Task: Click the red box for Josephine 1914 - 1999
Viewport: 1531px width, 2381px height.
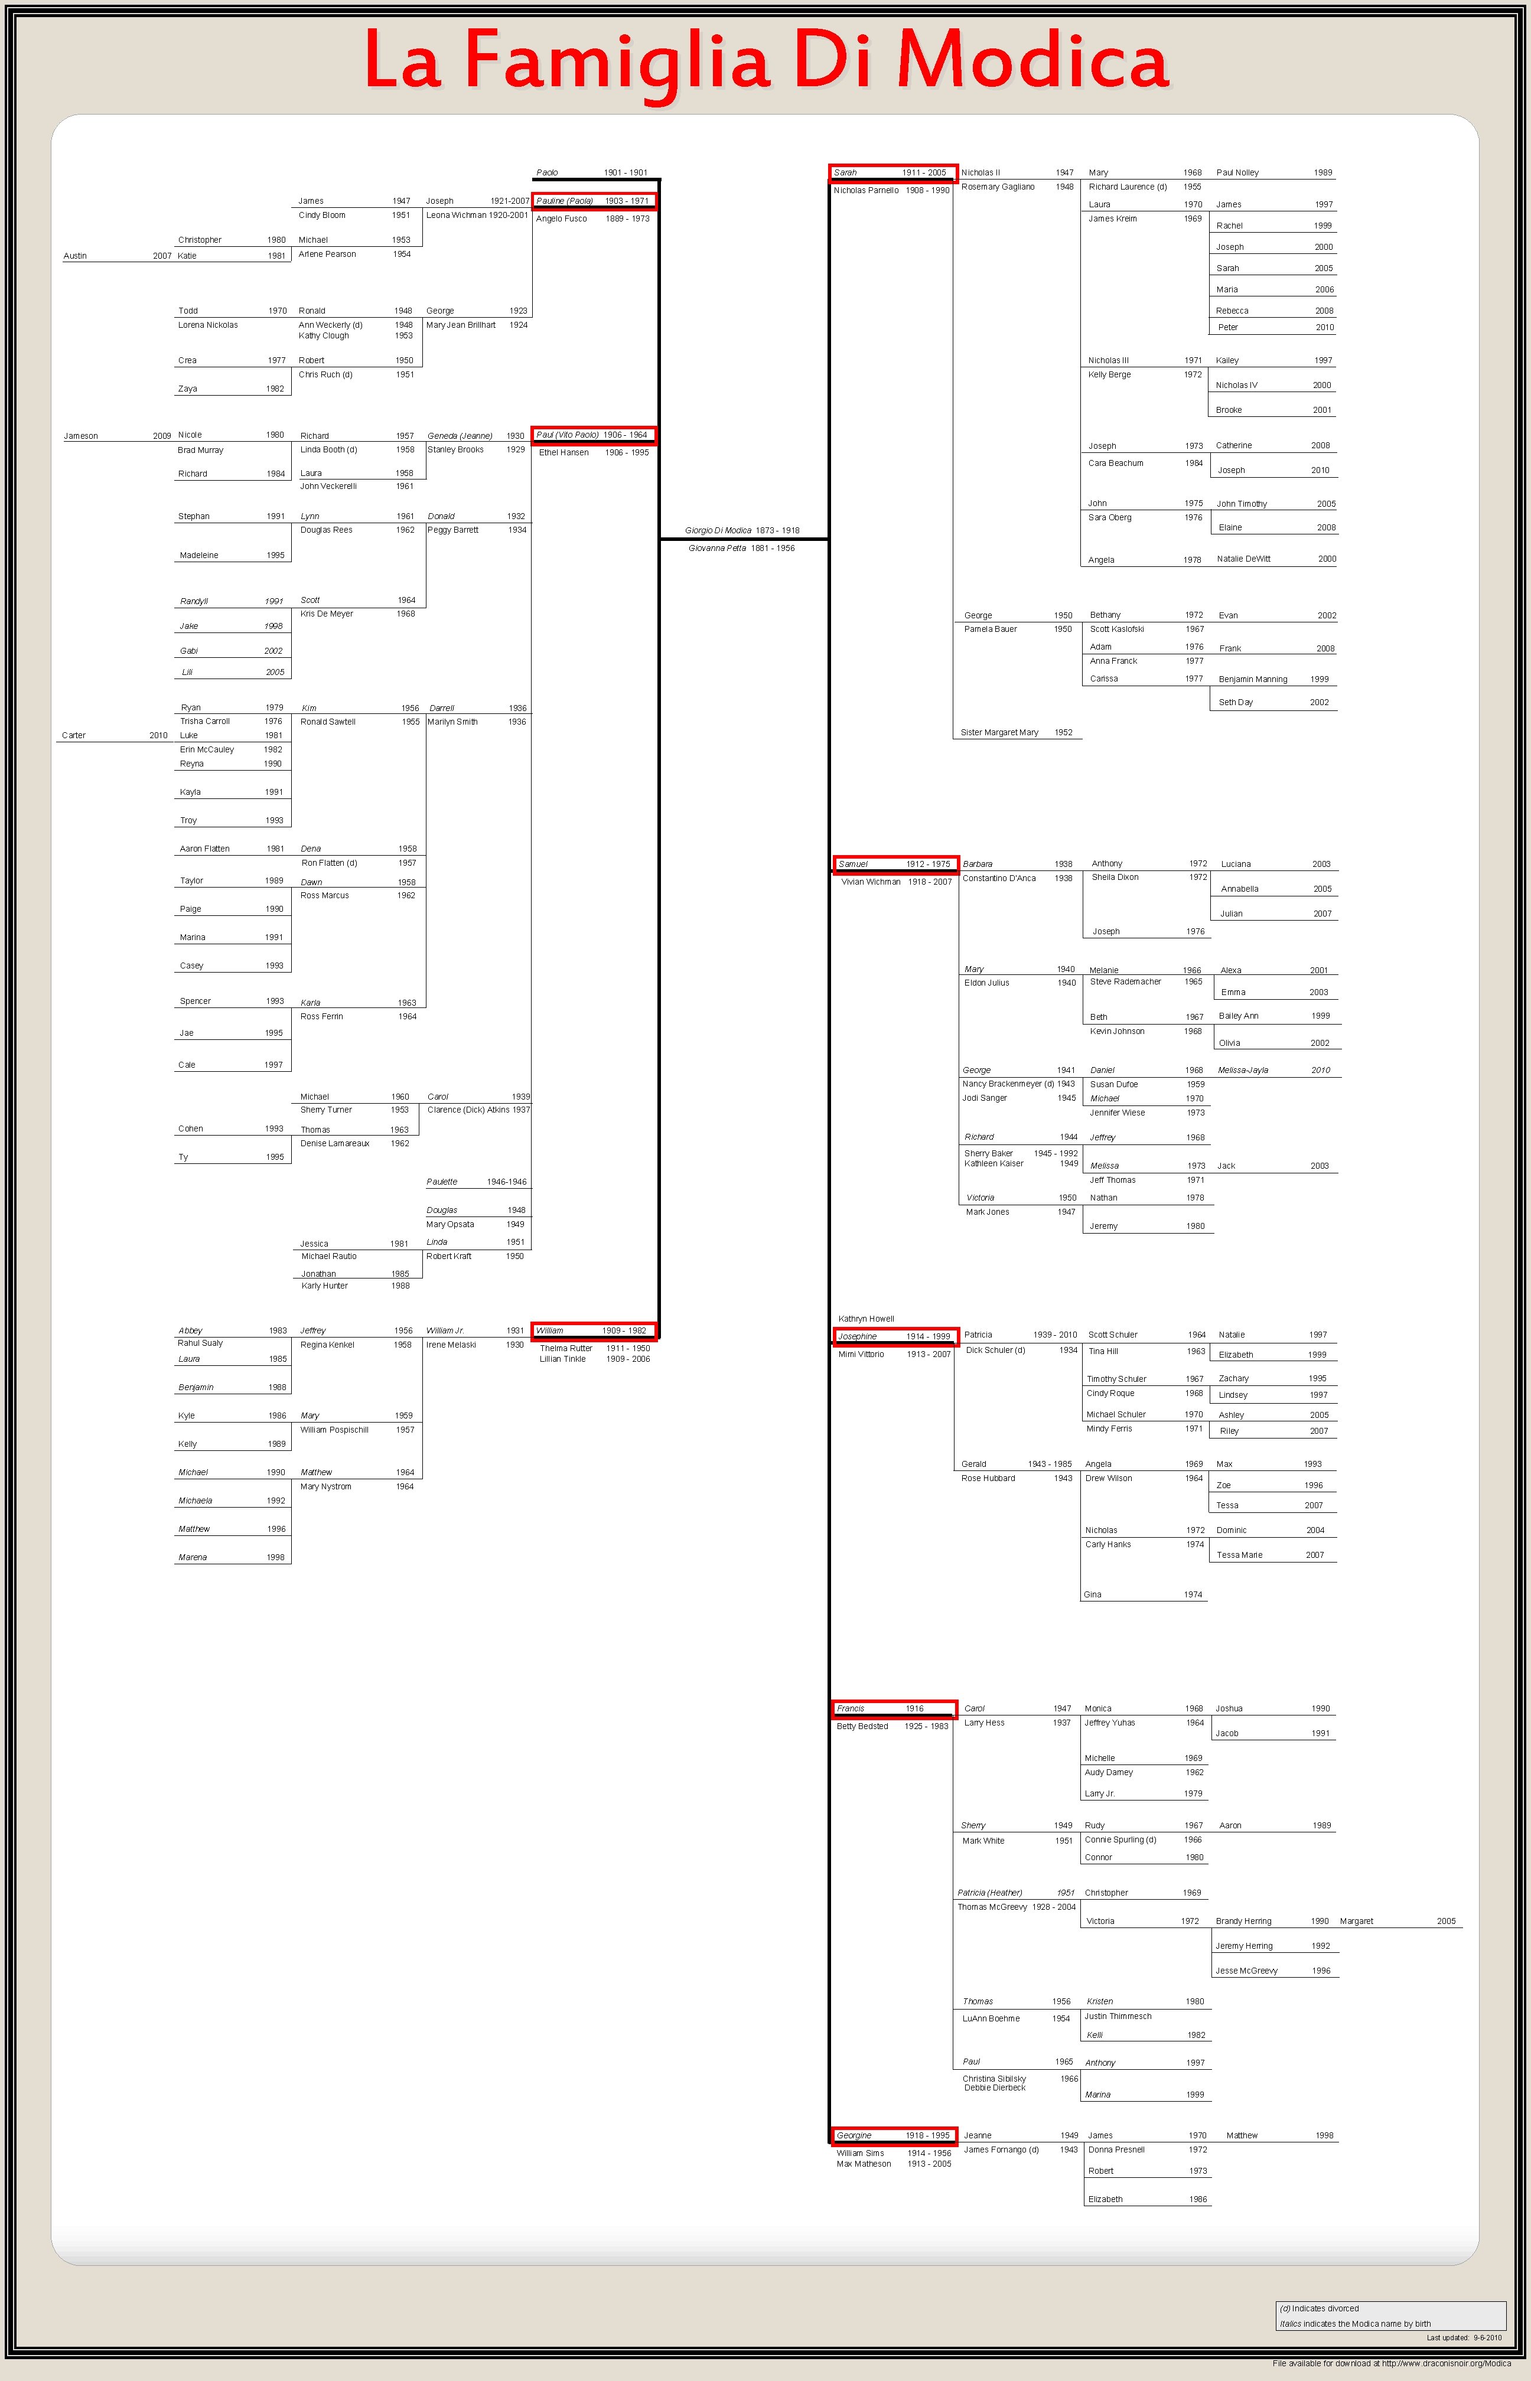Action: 895,1336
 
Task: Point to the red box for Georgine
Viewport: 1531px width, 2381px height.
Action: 895,2135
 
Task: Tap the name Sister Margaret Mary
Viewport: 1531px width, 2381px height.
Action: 999,732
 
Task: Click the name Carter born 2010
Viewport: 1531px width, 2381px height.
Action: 74,735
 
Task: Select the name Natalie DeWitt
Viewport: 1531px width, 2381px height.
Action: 1244,559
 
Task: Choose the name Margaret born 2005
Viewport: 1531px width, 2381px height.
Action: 1356,1921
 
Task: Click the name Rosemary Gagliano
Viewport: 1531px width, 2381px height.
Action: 997,187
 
